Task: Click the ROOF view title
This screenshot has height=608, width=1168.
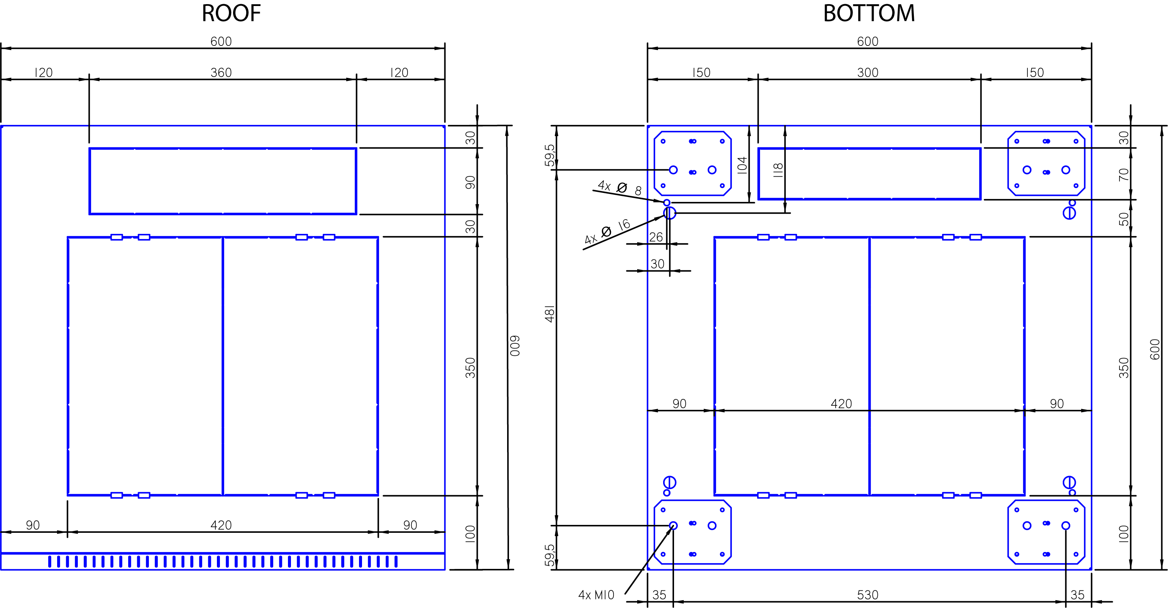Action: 231,13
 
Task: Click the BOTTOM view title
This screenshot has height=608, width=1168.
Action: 869,13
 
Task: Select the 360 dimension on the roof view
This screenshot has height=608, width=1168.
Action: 221,73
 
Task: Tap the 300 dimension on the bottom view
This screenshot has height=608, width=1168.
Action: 868,73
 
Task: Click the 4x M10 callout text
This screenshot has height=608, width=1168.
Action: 596,595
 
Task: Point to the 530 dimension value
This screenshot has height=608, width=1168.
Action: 868,595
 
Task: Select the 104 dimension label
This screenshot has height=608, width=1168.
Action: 742,165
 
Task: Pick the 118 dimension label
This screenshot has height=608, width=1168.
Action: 778,170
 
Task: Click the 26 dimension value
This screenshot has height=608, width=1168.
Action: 656,237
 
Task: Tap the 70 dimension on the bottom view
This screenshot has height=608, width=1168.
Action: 1124,174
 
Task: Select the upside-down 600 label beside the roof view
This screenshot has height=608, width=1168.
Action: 515,346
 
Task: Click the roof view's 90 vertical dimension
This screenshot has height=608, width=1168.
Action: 470,182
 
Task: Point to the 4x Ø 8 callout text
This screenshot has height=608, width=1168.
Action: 620,188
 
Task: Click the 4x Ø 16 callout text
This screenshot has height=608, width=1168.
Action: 607,231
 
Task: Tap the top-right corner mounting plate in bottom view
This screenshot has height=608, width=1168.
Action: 1047,132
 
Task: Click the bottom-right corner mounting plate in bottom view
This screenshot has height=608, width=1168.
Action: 1047,501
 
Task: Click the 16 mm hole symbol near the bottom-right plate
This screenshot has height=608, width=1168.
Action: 1069,482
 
